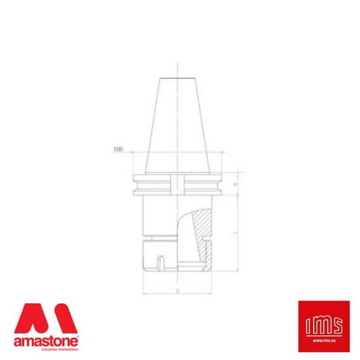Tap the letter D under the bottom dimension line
[178, 291]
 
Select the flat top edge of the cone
[177, 78]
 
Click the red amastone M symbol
[45, 319]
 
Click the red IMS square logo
[324, 326]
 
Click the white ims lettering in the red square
[324, 324]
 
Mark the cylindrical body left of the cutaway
[157, 216]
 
